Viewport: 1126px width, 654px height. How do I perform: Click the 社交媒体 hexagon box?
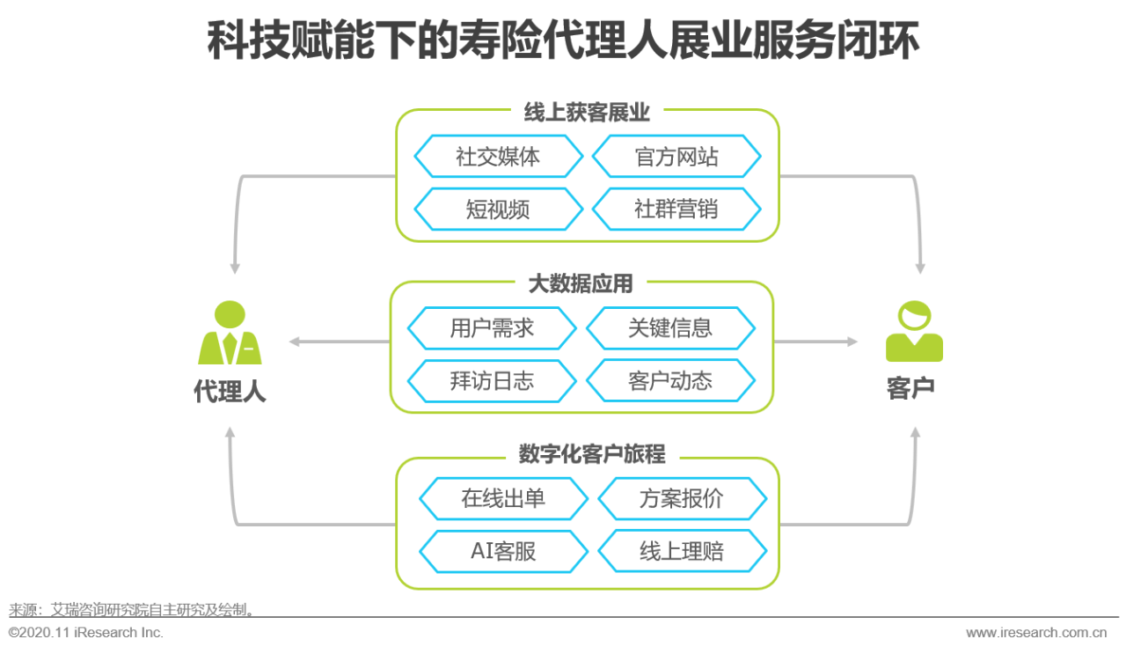tap(498, 157)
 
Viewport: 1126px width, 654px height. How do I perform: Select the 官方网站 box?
tap(676, 157)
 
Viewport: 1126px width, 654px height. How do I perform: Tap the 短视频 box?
tap(498, 209)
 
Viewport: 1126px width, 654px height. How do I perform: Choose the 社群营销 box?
tap(676, 209)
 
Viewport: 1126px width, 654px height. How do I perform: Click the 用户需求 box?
tap(492, 328)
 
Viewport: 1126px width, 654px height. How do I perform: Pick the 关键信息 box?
tap(670, 328)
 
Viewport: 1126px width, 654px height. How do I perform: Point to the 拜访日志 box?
tap(492, 380)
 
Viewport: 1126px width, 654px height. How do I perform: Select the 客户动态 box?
tap(670, 380)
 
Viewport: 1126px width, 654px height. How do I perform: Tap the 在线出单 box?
tap(503, 499)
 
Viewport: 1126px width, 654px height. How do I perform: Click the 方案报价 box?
tap(682, 499)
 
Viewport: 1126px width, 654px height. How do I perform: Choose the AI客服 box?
tap(503, 552)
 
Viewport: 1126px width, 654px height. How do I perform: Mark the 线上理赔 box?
tap(682, 552)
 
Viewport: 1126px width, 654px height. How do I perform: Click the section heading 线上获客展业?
tap(587, 113)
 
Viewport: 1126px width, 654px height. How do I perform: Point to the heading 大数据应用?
tap(581, 283)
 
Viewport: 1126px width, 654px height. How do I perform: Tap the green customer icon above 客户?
tap(914, 332)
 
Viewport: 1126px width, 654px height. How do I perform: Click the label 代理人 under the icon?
tap(230, 391)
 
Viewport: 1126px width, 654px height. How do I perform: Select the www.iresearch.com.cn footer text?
tap(1036, 632)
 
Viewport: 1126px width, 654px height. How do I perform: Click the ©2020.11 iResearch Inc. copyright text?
tap(86, 632)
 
